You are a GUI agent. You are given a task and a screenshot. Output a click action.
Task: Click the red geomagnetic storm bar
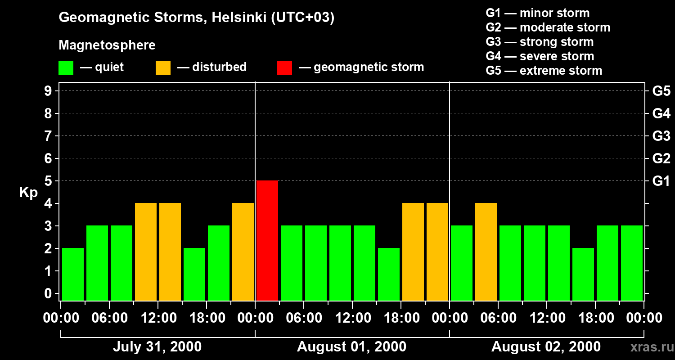267,240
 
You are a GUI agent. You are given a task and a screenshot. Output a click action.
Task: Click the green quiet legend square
66,68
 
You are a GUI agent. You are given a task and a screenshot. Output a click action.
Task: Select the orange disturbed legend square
163,68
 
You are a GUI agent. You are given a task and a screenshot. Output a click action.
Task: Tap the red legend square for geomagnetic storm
284,68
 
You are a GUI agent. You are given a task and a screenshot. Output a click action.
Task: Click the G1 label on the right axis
661,181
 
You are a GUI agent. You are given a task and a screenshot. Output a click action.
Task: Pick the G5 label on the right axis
661,91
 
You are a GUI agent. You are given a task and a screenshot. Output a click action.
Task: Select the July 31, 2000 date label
157,346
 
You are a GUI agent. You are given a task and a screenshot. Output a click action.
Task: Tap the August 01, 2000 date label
351,346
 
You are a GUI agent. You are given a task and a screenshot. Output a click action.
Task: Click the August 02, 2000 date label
546,346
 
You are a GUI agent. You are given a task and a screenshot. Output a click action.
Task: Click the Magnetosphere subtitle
107,45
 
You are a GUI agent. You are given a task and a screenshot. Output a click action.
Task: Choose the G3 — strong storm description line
540,42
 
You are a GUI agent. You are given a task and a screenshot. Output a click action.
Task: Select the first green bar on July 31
73,274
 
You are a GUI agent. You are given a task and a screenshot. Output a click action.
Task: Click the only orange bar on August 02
486,252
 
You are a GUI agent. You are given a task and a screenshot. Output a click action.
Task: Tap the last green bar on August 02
632,263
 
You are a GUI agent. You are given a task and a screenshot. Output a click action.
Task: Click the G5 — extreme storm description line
544,71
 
